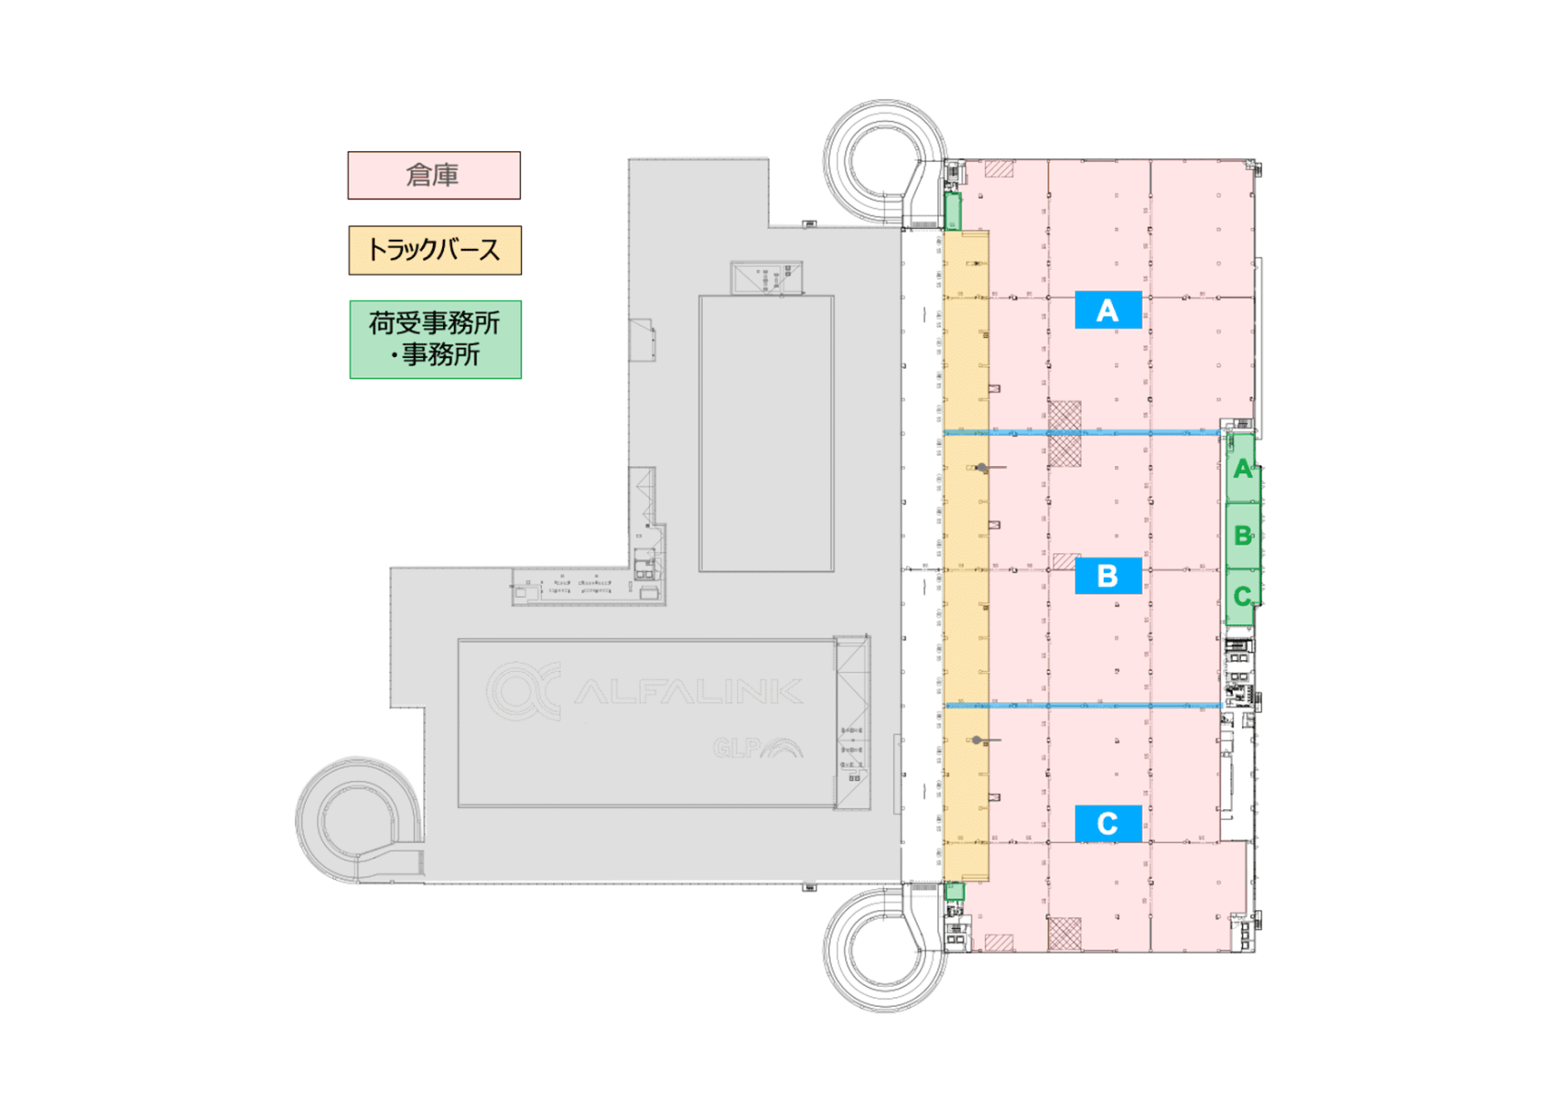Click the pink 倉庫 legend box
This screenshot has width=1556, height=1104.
434,175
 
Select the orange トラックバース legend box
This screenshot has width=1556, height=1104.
435,250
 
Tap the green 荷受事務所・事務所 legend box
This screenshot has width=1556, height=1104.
436,340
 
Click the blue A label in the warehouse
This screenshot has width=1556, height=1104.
1108,310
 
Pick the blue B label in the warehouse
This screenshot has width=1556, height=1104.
1108,576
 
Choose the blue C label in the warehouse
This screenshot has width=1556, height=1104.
1108,823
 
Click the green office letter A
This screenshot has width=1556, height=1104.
1242,470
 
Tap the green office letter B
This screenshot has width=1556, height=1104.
1242,536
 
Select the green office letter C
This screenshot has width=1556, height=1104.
1242,597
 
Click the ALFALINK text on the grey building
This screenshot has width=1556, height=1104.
688,691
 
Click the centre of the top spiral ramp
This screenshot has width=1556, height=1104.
884,161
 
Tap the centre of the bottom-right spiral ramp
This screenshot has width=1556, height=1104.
884,950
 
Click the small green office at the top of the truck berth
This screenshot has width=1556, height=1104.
952,211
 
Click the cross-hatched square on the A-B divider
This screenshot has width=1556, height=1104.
1064,432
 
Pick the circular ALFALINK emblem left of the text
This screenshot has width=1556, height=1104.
523,690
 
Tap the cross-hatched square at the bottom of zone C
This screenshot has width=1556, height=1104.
1064,934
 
